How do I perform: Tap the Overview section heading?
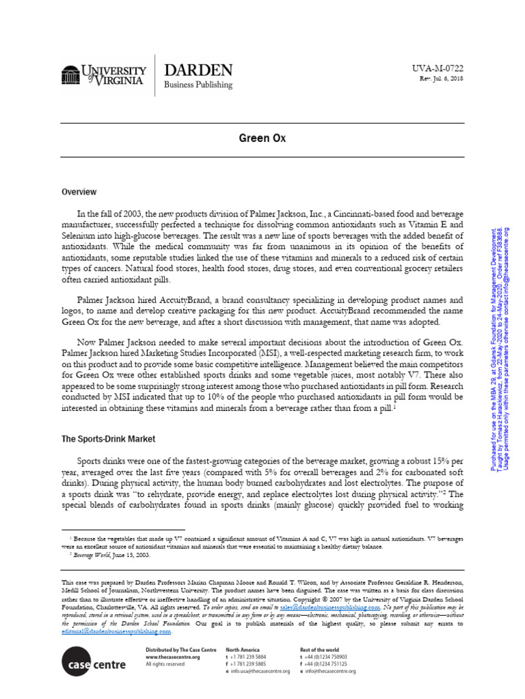[x=79, y=192]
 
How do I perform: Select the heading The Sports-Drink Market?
[x=108, y=439]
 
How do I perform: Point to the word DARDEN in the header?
[x=198, y=70]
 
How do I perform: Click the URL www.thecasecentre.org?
[x=173, y=656]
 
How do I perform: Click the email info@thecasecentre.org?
[x=331, y=671]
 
